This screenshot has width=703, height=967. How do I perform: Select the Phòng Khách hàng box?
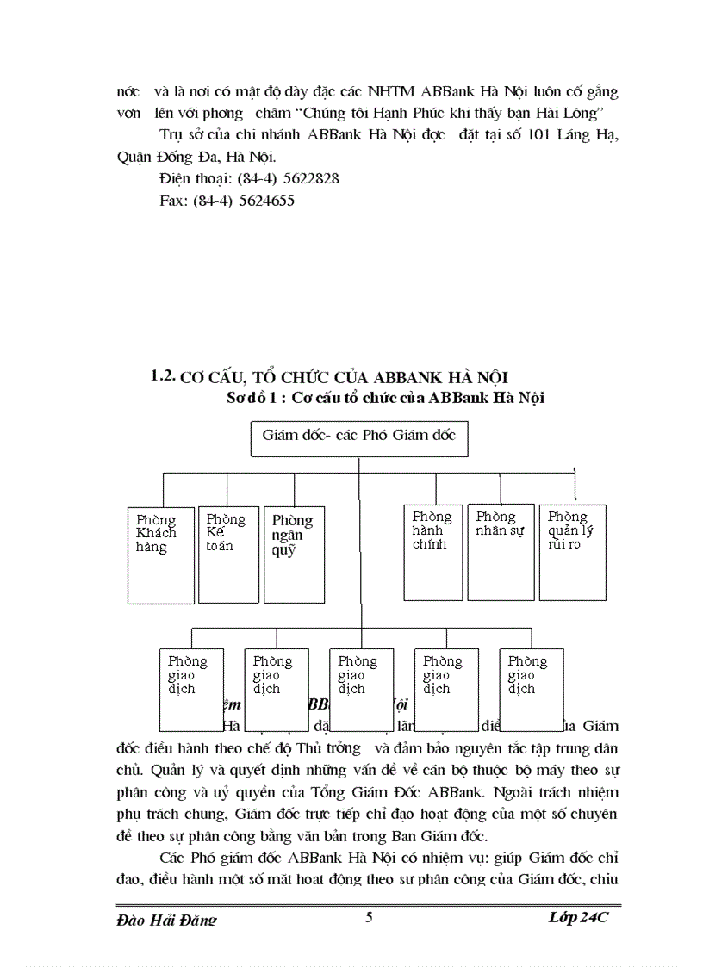coord(161,555)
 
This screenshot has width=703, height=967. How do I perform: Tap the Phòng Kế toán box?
coord(227,555)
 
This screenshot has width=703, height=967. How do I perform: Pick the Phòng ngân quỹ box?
coord(294,555)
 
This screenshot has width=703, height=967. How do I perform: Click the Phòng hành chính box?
coord(433,552)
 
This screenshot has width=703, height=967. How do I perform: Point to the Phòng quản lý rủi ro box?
coord(572,552)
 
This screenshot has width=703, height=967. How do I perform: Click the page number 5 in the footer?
coord(369,917)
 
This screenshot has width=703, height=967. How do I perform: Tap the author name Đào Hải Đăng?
coord(165,920)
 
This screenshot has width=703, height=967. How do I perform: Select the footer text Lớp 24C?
coord(578,918)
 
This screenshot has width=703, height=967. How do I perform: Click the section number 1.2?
coord(164,375)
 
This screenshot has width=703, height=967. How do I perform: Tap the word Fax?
coord(172,201)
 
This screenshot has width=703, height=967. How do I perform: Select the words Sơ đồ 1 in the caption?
coord(253,398)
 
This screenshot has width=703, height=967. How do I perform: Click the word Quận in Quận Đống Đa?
coord(134,157)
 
